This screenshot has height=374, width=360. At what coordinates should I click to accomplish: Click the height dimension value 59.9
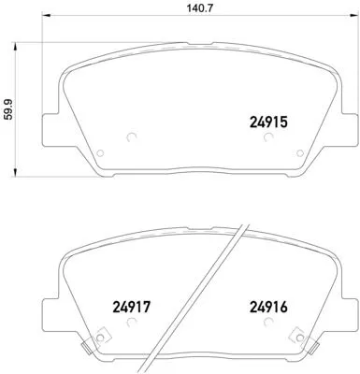(x=10, y=108)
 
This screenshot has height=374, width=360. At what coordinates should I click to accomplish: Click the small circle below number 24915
(x=268, y=137)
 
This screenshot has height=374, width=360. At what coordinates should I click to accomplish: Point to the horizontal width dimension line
(x=180, y=40)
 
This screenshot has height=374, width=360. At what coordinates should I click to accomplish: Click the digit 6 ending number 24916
(x=289, y=303)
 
